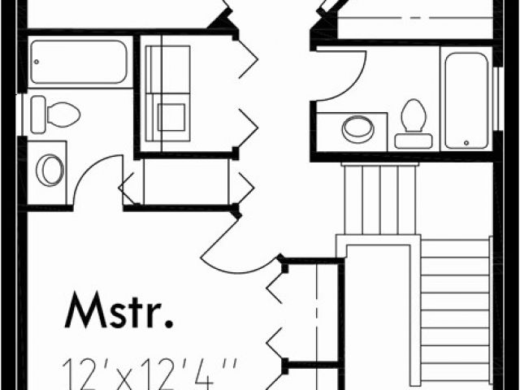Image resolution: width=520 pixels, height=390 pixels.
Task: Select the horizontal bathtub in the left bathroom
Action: (x=79, y=62)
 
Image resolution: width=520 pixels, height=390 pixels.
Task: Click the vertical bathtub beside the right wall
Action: (x=466, y=99)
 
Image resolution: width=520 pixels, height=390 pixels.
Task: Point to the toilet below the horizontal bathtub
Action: (x=56, y=114)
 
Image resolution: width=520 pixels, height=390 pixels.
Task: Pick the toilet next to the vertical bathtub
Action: (x=414, y=123)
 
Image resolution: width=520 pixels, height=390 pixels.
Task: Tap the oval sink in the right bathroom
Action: (x=355, y=128)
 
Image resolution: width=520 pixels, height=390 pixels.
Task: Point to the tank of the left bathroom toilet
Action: (x=38, y=114)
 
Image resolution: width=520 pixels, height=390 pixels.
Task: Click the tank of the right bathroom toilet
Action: (x=414, y=141)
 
